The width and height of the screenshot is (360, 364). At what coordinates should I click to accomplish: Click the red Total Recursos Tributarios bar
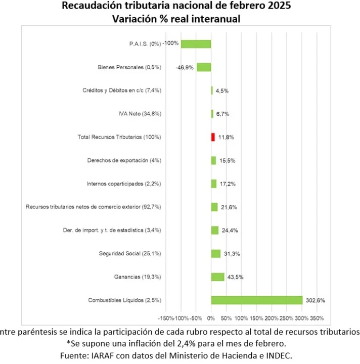click(x=213, y=137)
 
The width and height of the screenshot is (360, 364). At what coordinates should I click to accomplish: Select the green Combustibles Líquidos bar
click(x=256, y=300)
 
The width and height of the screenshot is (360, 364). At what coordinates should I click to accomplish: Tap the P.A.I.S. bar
click(x=196, y=43)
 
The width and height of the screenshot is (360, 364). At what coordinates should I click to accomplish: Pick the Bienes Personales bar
click(x=204, y=67)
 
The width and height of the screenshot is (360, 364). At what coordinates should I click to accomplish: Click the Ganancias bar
click(x=217, y=277)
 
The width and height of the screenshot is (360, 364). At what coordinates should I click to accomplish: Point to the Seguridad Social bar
click(x=216, y=253)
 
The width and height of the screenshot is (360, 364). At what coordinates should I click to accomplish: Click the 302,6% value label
click(x=315, y=300)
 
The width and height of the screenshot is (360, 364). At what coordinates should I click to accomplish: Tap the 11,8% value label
click(x=226, y=137)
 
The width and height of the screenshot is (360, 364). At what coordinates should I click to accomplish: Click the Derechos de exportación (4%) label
click(x=124, y=160)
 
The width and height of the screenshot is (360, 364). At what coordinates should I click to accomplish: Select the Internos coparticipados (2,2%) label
click(x=124, y=184)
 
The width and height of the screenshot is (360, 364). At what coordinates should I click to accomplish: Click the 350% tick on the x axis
click(x=317, y=318)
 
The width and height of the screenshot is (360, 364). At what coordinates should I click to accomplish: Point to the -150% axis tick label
click(x=166, y=318)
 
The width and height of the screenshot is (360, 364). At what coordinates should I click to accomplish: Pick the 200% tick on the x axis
click(x=272, y=318)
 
